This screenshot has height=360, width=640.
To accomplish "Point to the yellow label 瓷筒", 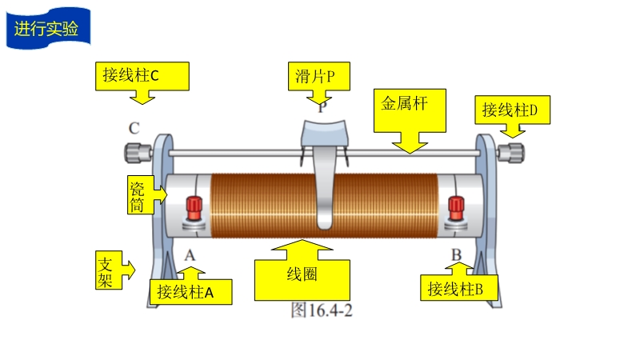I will (x=137, y=194).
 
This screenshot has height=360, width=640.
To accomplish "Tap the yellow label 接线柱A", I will (x=191, y=291).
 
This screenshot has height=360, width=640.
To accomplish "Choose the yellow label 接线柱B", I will (x=459, y=288).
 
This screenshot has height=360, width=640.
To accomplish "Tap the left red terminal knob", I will (x=194, y=207).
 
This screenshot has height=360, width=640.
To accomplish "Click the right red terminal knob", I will (x=456, y=206).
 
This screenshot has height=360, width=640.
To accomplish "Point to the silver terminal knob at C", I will (x=138, y=151).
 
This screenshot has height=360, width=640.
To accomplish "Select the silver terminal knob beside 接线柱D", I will (x=511, y=151).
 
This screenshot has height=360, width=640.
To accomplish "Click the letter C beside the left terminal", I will (x=134, y=128).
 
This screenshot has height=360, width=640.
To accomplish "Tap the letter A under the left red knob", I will (x=190, y=255).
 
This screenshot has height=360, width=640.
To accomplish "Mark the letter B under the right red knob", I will (x=456, y=255).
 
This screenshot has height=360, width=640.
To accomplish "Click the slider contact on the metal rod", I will (x=324, y=136).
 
